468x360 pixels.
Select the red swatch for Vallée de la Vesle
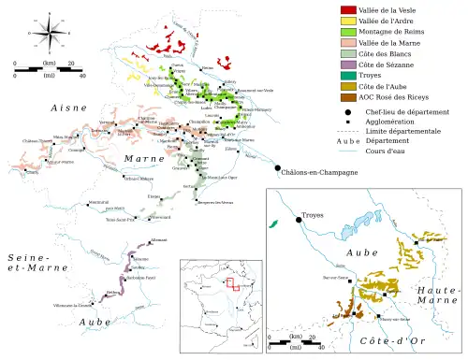coord(346,8)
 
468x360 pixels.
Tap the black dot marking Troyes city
coord(299,220)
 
